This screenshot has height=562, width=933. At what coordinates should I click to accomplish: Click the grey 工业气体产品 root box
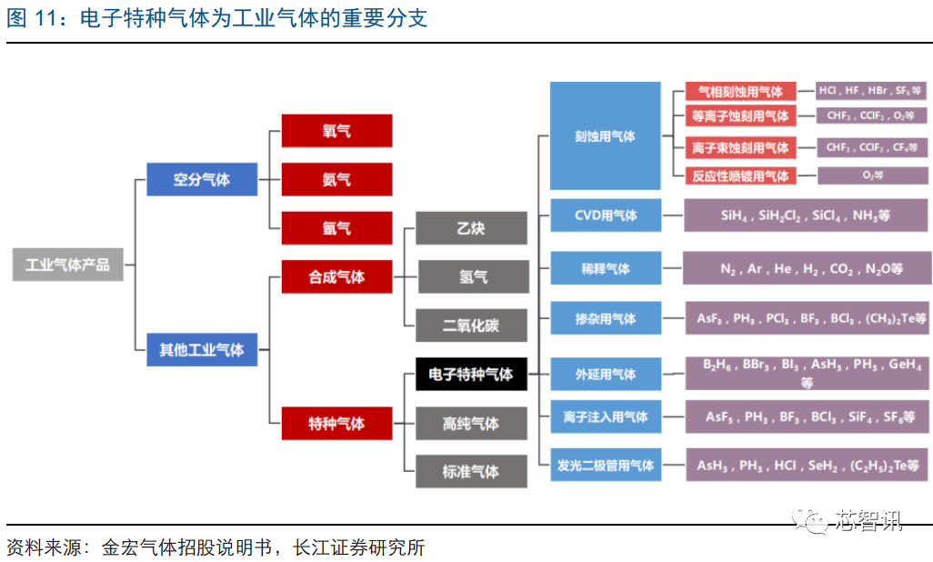coord(68,265)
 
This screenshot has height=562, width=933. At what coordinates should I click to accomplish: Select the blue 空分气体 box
coord(202,179)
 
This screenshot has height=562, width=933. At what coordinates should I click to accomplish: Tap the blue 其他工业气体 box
coord(202,349)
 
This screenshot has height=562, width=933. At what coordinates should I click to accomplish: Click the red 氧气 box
coord(336,131)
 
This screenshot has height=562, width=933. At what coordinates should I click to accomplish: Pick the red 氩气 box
coord(336,227)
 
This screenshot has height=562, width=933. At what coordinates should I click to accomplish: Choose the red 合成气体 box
coord(336,276)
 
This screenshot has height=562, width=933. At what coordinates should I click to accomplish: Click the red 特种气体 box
coord(336,423)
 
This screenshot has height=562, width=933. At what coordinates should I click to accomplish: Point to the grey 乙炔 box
coord(471,227)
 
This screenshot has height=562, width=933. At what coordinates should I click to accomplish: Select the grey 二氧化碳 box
coord(471,325)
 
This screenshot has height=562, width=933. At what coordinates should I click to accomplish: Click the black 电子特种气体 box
coord(471,374)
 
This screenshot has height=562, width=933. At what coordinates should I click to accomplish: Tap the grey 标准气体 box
coord(471,471)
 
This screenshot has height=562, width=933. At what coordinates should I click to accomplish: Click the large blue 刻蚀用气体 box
coord(605,136)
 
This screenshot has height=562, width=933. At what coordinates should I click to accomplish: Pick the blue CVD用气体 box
coord(605,216)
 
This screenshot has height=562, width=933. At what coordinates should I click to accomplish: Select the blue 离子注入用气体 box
coord(605,416)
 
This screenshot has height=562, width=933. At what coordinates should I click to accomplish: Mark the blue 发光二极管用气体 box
coord(605,465)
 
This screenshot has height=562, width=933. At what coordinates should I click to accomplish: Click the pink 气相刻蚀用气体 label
coord(739,91)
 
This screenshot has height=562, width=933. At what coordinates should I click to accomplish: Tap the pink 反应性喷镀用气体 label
coord(739,176)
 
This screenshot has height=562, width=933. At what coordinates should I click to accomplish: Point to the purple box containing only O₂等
coord(872,176)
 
